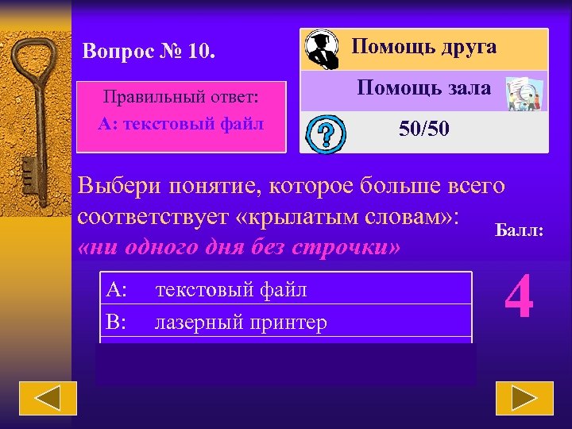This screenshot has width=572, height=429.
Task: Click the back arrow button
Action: pos(48,398)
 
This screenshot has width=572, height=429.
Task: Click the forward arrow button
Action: pos(524,398)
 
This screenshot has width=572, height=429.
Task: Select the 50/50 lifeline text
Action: pos(423,129)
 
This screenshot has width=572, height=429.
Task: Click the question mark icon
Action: pos(325,133)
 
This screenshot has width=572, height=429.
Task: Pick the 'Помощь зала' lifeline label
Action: pos(423,87)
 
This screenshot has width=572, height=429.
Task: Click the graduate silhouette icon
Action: pos(323,50)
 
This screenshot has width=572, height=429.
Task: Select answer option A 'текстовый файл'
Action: pos(231,290)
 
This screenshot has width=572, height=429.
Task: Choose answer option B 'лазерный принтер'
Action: pos(241,323)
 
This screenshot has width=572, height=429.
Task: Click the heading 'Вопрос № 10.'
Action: pos(149,52)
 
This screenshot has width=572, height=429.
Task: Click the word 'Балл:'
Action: pos(520,231)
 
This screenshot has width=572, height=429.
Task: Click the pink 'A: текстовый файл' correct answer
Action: pos(181,124)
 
